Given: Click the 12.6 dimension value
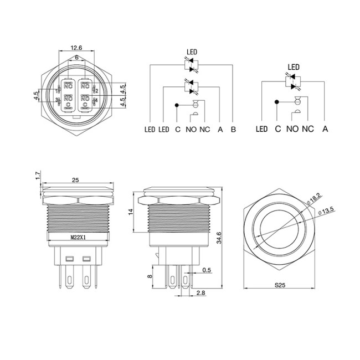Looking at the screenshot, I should pyautogui.click(x=76, y=48).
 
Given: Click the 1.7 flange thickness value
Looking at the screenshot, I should pyautogui.click(x=37, y=177).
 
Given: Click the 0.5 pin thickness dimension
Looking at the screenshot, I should pyautogui.click(x=207, y=270).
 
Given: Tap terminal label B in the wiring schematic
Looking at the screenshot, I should pyautogui.click(x=233, y=130).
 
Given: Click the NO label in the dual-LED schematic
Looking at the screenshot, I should pyautogui.click(x=191, y=130).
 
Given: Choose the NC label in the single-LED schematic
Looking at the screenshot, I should pyautogui.click(x=308, y=130).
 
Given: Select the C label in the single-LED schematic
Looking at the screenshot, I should pyautogui.click(x=277, y=130).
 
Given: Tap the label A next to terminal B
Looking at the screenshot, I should pyautogui.click(x=220, y=130).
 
